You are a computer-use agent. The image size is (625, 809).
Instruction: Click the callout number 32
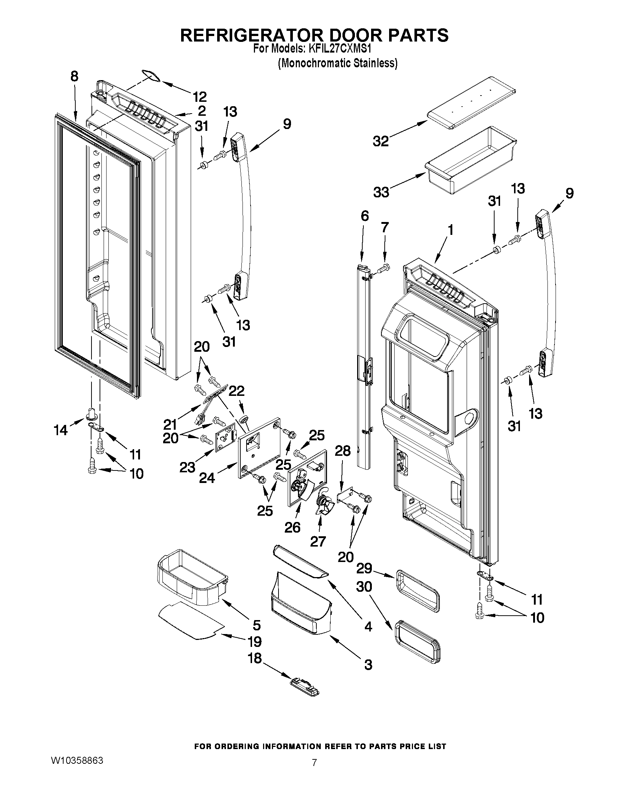(x=381, y=141)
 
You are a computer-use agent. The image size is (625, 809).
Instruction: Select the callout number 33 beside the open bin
(x=381, y=192)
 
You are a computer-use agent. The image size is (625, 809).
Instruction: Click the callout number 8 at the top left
(x=75, y=76)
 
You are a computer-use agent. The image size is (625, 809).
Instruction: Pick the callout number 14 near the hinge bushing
(x=60, y=430)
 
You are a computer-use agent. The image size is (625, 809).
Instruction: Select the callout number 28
(x=342, y=451)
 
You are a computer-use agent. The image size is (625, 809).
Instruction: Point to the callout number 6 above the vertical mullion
(x=365, y=216)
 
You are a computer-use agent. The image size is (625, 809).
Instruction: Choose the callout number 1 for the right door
(x=450, y=230)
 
